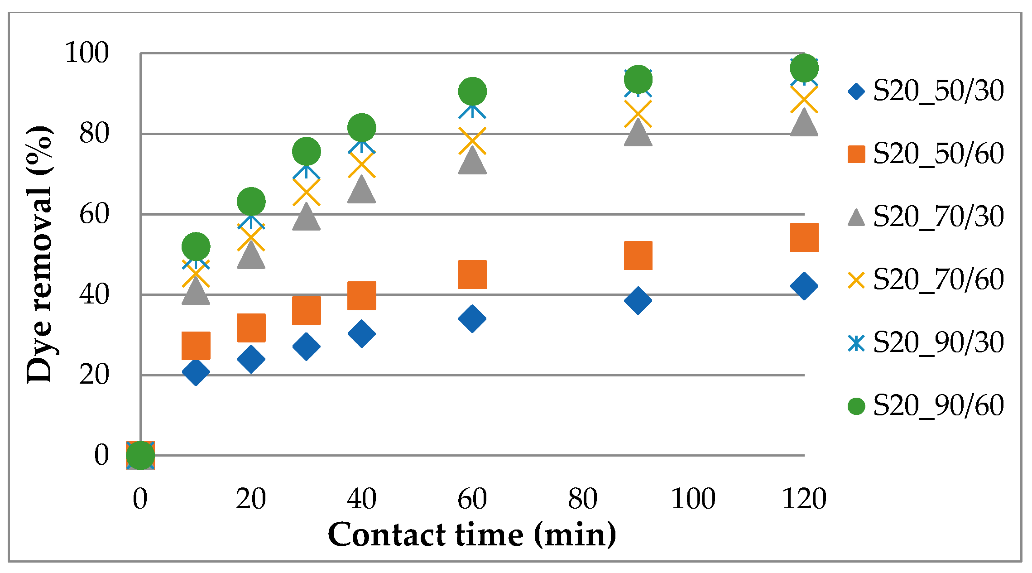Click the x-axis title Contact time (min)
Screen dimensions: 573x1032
(x=472, y=535)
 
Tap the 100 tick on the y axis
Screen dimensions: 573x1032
(x=87, y=53)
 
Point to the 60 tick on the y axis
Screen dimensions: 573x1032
(x=94, y=214)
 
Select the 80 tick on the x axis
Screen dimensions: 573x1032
(x=583, y=499)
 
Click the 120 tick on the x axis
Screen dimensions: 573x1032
(x=804, y=499)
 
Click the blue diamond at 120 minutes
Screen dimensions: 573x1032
(x=804, y=286)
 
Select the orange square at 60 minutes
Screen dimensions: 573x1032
(x=472, y=274)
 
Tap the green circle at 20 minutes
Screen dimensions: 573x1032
(x=251, y=201)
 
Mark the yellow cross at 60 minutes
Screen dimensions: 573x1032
(x=472, y=141)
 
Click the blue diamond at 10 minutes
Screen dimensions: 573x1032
(x=196, y=372)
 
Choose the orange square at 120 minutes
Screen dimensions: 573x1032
(x=804, y=237)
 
